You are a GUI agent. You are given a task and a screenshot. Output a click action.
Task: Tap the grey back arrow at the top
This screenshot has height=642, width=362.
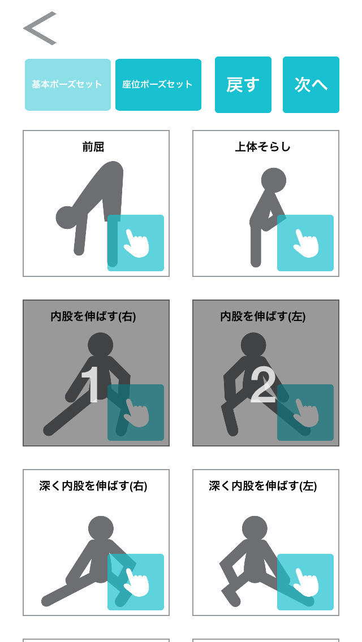40,28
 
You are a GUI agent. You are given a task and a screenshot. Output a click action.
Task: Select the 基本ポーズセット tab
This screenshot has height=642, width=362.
67,85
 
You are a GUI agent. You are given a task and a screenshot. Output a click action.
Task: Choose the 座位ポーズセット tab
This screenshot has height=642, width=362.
158,85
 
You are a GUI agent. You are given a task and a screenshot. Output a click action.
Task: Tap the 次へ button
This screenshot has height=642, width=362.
311,85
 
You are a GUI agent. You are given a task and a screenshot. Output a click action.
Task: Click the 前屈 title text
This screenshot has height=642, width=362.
93,147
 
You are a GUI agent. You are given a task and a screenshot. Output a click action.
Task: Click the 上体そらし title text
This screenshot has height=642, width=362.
262,147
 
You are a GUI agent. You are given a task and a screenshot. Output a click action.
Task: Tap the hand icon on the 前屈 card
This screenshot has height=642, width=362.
136,243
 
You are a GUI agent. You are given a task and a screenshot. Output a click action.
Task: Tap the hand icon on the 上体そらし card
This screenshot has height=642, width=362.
305,243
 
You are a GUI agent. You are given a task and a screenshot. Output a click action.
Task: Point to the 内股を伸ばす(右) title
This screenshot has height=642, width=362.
93,316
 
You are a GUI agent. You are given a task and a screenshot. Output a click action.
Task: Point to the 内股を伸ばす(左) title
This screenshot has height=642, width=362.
262,316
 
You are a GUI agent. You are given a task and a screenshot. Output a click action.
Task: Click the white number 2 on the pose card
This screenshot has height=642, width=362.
262,386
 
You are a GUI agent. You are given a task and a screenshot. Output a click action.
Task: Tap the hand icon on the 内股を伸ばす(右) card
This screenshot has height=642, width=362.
136,413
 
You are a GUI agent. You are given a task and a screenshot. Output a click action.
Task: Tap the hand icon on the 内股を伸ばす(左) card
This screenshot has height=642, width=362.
305,413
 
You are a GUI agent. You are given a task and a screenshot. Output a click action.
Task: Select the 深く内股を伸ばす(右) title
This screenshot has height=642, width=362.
93,486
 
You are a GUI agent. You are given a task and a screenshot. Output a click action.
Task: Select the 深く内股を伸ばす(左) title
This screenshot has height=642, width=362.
262,486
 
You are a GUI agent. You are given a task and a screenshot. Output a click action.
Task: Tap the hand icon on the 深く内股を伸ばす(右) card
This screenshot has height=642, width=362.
136,582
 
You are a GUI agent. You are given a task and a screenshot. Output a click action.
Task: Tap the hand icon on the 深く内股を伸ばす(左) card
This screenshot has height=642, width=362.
305,582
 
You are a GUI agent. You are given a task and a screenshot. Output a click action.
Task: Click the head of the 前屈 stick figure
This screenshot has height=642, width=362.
67,218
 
